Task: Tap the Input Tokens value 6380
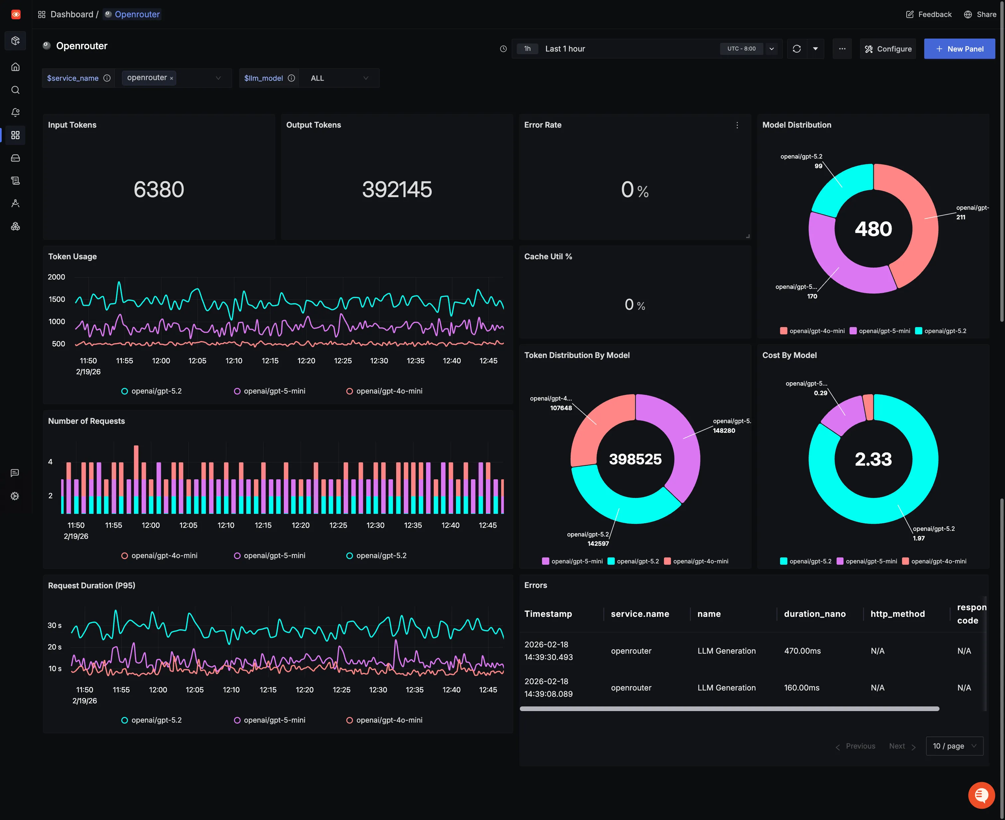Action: [159, 189]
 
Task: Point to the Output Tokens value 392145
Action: [397, 189]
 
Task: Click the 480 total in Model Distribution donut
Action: [873, 229]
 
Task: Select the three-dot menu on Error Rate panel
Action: [737, 125]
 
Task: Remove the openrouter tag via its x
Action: [171, 78]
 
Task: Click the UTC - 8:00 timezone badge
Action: [741, 49]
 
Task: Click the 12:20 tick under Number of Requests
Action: [300, 525]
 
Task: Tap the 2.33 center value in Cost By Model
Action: [873, 459]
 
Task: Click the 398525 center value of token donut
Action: [635, 459]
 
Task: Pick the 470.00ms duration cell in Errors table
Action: [802, 651]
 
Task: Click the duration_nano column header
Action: [814, 614]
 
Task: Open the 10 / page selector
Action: [954, 746]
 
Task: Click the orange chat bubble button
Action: [981, 795]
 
